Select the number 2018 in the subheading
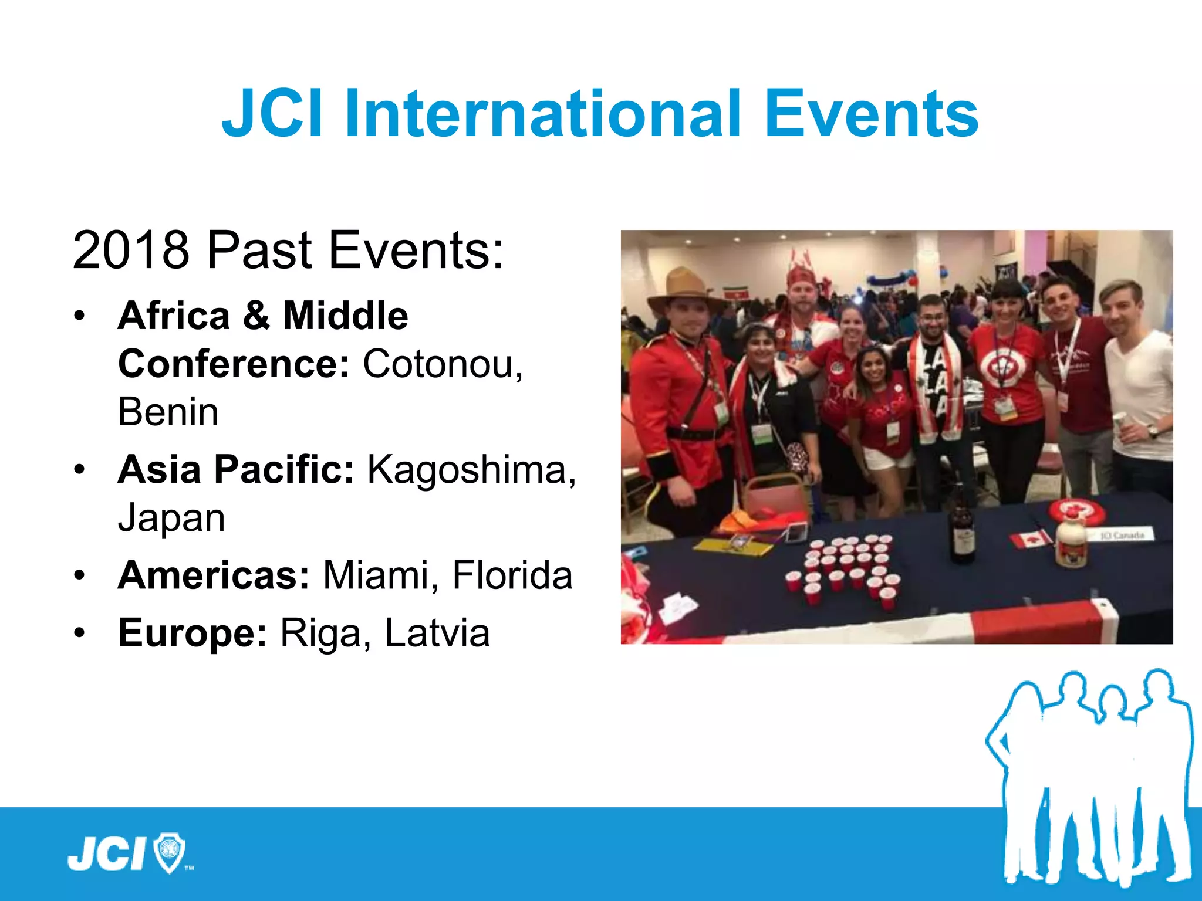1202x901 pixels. [x=130, y=250]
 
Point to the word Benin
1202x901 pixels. [x=168, y=412]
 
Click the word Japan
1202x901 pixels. [x=171, y=518]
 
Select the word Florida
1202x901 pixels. [x=512, y=575]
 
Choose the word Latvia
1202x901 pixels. [x=437, y=633]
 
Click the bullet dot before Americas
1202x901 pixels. [x=80, y=575]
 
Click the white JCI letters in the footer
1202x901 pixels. [x=107, y=854]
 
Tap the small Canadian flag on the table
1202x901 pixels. [x=1030, y=538]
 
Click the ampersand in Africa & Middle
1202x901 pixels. [x=256, y=316]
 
